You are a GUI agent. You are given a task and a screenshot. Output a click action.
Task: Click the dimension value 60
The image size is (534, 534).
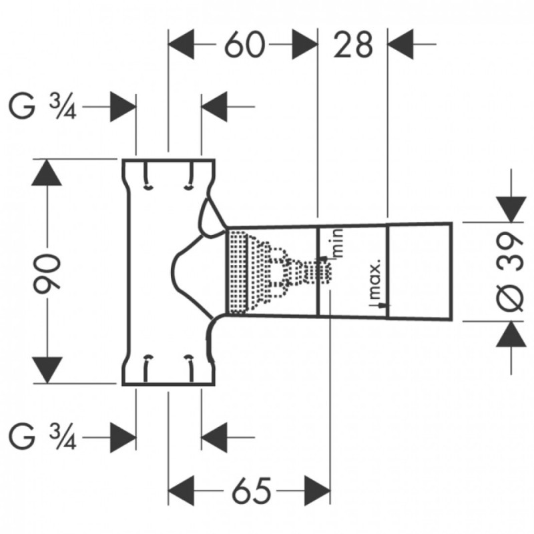pos(244,44)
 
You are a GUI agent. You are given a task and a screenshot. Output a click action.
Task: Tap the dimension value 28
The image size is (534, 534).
pos(353,44)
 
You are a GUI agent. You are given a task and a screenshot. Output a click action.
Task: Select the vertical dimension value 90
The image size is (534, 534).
pos(47,271)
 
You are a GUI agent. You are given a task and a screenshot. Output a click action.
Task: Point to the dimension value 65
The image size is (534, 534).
pos(252,491)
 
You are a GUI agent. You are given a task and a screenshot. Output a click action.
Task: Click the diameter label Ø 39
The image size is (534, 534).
pos(510,272)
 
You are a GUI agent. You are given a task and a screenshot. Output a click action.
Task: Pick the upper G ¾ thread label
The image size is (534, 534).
pos(43,107)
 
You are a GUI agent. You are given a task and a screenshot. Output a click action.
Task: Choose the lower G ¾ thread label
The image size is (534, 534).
pos(43,437)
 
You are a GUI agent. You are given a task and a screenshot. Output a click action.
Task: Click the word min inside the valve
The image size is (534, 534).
pos(338,243)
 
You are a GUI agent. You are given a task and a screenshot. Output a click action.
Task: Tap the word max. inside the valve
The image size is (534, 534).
pos(375,280)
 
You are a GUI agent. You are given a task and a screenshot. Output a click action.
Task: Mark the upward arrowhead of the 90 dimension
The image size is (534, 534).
pos(47,172)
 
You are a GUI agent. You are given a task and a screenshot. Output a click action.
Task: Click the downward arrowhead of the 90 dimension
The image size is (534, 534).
pos(47,370)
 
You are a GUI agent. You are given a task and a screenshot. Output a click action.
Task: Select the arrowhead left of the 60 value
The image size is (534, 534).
pos(181,44)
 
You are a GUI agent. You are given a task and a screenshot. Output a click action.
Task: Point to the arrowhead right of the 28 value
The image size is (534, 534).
pos(400,44)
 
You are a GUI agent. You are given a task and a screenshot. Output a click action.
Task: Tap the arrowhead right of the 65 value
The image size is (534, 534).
pos(318,491)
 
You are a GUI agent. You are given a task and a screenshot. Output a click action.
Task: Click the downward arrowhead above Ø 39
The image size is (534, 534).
pos(511,210)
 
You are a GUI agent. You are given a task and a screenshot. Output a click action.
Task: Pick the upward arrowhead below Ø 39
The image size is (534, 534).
pos(511,334)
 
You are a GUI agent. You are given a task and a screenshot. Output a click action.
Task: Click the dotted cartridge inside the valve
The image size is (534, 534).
pos(280,272)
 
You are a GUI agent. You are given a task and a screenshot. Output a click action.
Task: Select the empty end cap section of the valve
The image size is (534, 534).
pos(420,272)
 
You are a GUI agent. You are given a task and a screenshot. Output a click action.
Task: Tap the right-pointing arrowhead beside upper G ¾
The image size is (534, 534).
pos(123,107)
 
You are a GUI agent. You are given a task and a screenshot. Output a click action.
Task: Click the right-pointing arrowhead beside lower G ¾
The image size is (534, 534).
pos(123,437)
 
